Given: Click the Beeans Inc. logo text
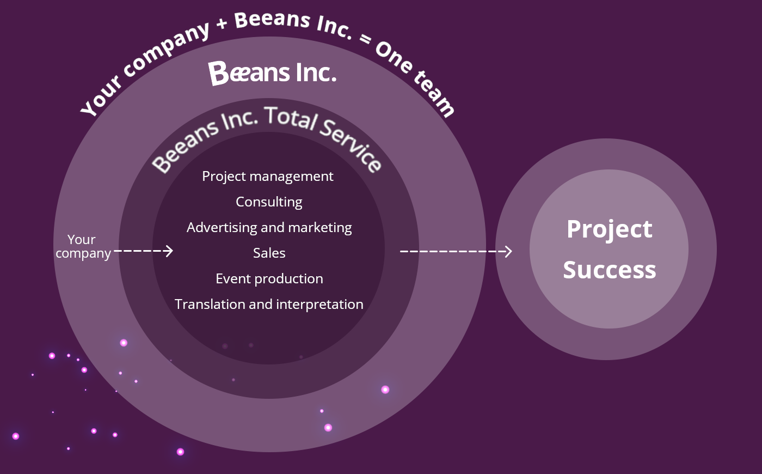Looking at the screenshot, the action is pyautogui.click(x=272, y=72).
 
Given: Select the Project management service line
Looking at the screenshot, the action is pyautogui.click(x=268, y=177).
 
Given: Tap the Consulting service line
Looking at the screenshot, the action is pyautogui.click(x=269, y=202).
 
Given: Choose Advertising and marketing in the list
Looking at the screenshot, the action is pyautogui.click(x=269, y=228).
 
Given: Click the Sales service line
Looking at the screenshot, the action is pyautogui.click(x=269, y=253).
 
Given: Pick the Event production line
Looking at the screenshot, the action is pyautogui.click(x=269, y=279).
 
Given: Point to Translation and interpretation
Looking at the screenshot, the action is pyautogui.click(x=269, y=305).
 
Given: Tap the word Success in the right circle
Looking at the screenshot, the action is pyautogui.click(x=609, y=270).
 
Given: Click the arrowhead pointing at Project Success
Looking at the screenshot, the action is pyautogui.click(x=508, y=251).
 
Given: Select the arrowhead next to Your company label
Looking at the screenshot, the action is pyautogui.click(x=169, y=251).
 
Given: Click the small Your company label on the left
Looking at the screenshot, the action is pyautogui.click(x=83, y=246).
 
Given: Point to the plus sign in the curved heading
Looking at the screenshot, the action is pyautogui.click(x=222, y=24).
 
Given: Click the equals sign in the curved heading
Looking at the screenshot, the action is pyautogui.click(x=366, y=39).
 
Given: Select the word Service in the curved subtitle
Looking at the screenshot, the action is pyautogui.click(x=352, y=145).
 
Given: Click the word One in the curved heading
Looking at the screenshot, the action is pyautogui.click(x=394, y=57).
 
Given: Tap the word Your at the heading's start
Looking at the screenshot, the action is pyautogui.click(x=101, y=97).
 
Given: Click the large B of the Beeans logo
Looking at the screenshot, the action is pyautogui.click(x=218, y=73).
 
